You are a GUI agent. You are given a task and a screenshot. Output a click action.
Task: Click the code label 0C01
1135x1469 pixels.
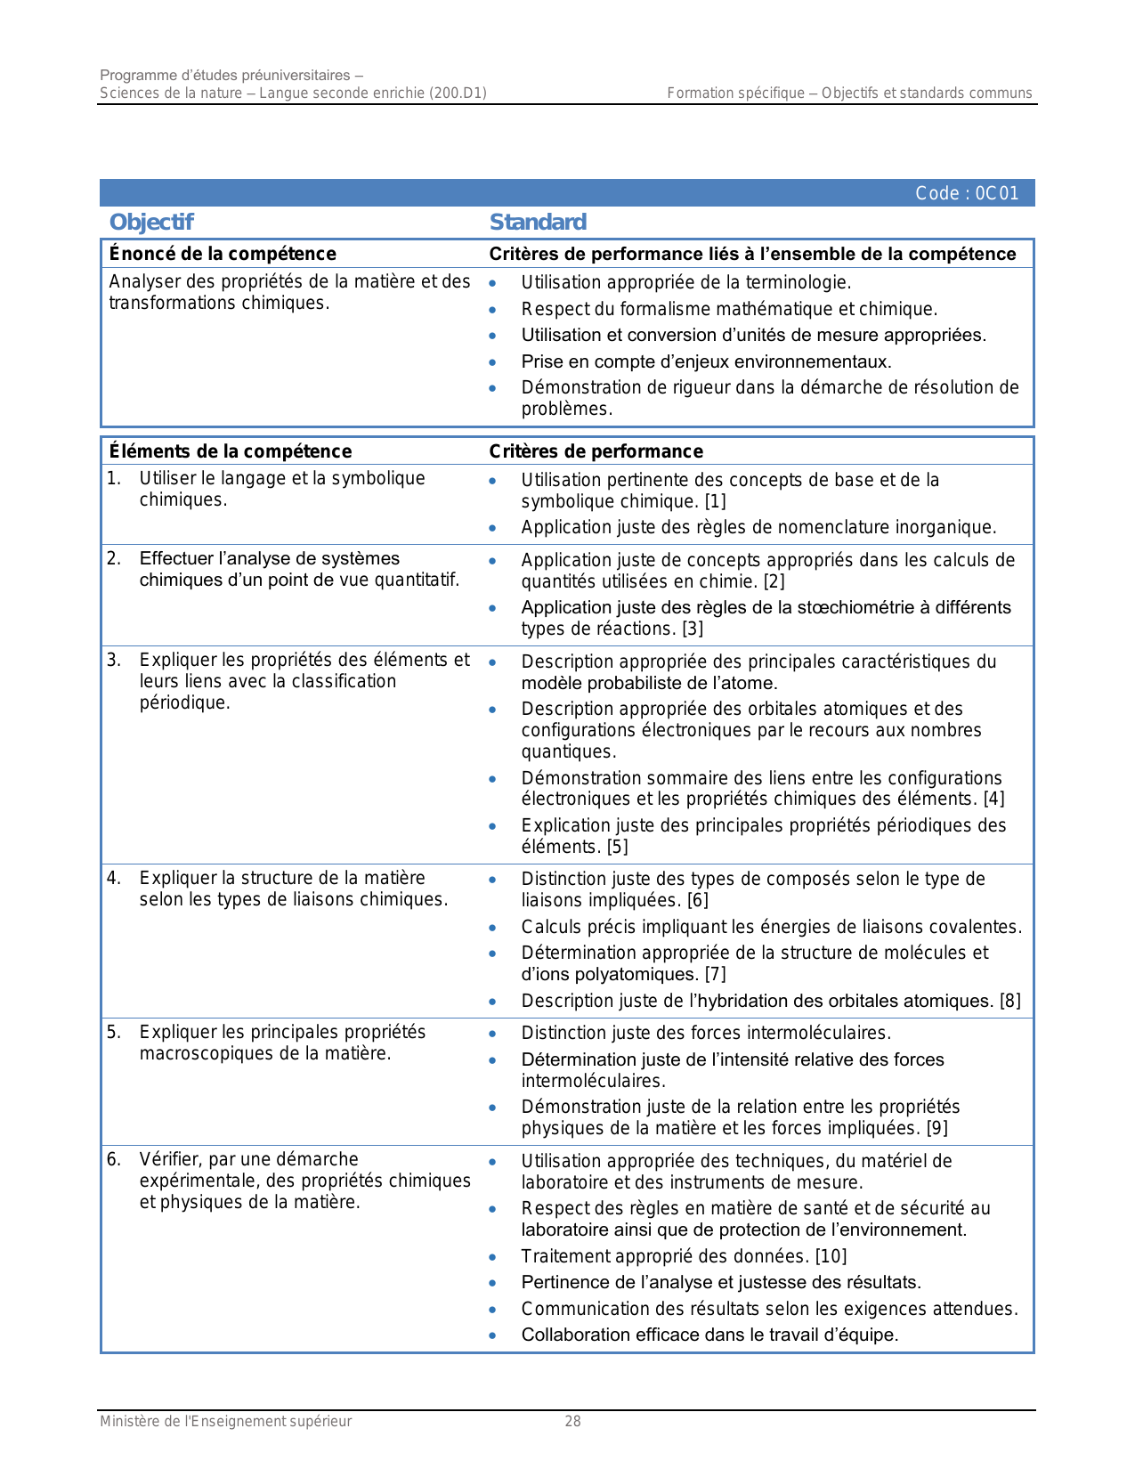coord(967,193)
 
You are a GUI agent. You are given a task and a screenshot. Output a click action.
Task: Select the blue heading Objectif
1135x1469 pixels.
coord(150,222)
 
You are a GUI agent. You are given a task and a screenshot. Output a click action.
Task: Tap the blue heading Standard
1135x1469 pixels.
coord(538,222)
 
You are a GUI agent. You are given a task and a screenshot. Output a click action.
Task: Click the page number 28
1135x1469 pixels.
coord(572,1421)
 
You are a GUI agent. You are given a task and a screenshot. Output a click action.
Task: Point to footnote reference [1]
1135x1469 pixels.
coord(716,501)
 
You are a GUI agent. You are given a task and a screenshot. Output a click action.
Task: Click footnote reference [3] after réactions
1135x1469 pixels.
coord(693,629)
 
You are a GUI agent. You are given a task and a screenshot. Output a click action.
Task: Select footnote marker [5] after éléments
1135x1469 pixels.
coord(617,847)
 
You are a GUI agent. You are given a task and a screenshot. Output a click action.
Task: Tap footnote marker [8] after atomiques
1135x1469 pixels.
coord(1009,1001)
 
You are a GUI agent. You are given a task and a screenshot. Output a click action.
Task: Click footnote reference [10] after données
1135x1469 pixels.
coord(831,1256)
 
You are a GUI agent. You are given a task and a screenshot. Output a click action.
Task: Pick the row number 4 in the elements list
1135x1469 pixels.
coord(113,879)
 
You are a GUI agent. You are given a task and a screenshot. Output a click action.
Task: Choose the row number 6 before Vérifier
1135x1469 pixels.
coord(113,1159)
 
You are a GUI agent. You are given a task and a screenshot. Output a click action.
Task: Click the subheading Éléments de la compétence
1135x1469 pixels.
coord(230,451)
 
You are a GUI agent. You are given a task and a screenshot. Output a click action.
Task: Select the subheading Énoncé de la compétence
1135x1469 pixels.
coord(223,254)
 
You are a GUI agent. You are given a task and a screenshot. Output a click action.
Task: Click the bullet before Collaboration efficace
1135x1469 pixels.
coord(493,1335)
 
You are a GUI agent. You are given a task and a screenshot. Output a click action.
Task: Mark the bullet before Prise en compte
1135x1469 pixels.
coord(493,362)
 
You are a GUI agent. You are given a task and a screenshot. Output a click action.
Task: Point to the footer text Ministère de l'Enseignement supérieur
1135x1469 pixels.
coord(225,1421)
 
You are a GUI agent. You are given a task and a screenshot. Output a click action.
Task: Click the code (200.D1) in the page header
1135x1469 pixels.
coord(458,93)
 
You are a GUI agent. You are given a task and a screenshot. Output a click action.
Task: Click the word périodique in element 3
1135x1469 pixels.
coord(184,702)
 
